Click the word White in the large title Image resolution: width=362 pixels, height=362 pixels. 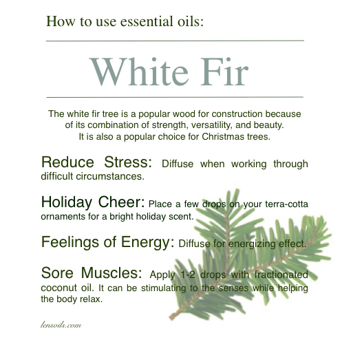click(x=139, y=72)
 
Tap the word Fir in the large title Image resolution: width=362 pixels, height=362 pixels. click(x=224, y=72)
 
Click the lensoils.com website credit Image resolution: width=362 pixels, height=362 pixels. click(x=61, y=325)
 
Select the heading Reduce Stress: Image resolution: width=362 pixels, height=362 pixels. click(x=96, y=162)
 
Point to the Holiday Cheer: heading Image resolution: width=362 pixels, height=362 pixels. click(x=93, y=202)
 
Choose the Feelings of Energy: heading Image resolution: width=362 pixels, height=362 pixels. click(x=107, y=242)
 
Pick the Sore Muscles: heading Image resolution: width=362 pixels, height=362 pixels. click(x=92, y=273)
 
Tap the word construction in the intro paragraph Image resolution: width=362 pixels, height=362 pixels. click(x=237, y=114)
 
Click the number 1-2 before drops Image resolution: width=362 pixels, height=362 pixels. click(x=187, y=275)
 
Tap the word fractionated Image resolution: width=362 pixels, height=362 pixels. click(x=281, y=275)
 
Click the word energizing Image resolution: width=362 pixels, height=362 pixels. click(x=252, y=244)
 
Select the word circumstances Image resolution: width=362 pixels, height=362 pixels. click(x=110, y=176)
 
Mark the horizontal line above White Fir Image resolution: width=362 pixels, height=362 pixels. click(x=175, y=41)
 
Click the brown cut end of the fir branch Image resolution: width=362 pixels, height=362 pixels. click(x=172, y=317)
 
